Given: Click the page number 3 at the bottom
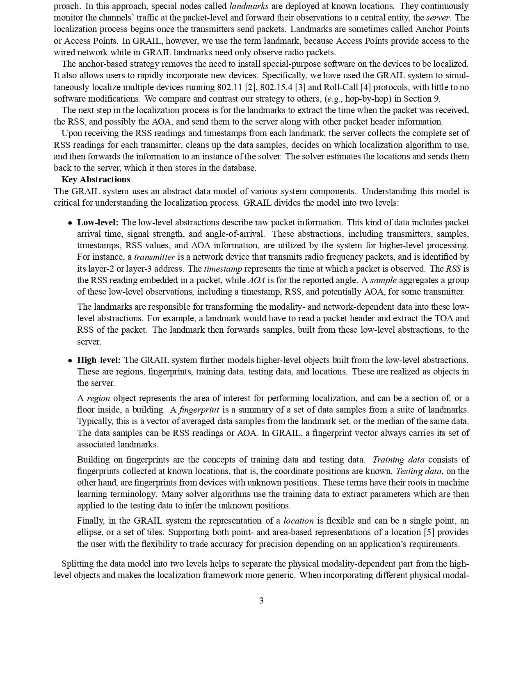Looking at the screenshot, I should tap(261, 601).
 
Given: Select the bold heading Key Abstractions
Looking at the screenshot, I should tap(96, 179).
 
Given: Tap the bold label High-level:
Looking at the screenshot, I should tap(99, 360).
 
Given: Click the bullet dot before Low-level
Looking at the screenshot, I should tap(71, 223).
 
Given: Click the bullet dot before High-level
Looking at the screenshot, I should tap(71, 361).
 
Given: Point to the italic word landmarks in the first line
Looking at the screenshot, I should tap(249, 6).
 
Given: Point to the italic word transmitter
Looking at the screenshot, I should tap(154, 257).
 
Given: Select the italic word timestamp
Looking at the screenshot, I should tap(223, 269).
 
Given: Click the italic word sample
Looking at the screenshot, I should tap(383, 281).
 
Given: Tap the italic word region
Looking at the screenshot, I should tap(98, 398).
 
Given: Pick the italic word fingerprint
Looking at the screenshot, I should tap(199, 410).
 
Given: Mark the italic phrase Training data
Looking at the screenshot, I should tap(398, 460).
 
